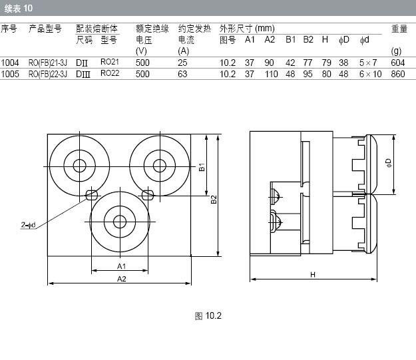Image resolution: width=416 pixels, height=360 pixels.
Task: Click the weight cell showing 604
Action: pos(397,63)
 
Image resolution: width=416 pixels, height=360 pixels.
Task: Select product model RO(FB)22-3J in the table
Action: pos(48,74)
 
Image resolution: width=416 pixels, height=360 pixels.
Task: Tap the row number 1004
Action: pos(10,63)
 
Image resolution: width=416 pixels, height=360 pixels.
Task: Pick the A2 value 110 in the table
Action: pos(271,74)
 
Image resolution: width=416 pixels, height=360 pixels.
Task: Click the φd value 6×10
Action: pos(370,74)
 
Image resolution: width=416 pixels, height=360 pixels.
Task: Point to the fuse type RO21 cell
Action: pos(110,62)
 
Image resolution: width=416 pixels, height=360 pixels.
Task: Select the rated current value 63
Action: pos(182,74)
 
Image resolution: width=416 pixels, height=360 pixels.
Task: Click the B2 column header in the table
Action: pos(308,39)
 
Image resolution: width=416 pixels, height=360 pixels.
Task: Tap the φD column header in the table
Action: pos(344,40)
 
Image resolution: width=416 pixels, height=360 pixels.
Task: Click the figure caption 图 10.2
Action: pos(208,315)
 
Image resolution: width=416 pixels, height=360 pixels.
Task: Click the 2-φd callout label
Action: pos(29,225)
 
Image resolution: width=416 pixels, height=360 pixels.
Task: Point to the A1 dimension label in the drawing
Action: pos(122,266)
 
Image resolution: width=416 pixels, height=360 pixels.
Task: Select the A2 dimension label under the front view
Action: pos(122,279)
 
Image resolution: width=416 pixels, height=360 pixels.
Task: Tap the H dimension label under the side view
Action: pos(313,275)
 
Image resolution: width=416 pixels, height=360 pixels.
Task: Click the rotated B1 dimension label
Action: pos(202,167)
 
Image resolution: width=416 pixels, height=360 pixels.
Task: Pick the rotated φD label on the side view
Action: pos(389,163)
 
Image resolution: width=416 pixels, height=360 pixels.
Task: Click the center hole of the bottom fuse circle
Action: pos(120,222)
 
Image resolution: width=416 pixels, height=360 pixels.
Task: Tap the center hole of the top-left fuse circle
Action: pos(80,166)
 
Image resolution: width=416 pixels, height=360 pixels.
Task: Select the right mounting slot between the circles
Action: pos(148,195)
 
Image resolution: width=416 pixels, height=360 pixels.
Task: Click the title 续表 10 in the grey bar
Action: pos(19,8)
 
